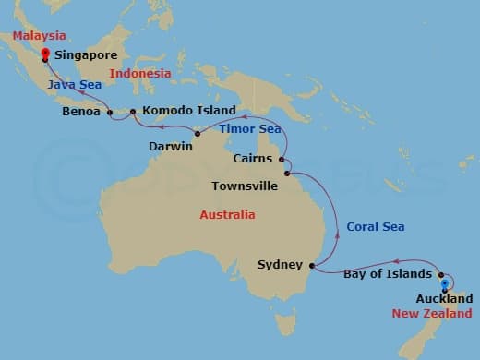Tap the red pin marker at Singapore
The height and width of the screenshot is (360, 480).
tap(44, 54)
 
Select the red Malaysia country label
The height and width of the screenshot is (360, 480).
tap(40, 35)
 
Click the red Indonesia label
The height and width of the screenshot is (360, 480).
tap(140, 73)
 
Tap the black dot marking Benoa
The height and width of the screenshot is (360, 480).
tap(110, 114)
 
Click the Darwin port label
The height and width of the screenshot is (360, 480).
tap(171, 146)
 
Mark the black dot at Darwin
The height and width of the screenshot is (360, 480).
tap(198, 134)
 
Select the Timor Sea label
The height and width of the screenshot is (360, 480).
tap(250, 128)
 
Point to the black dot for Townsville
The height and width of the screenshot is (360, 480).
tap(287, 174)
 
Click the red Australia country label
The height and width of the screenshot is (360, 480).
tap(227, 215)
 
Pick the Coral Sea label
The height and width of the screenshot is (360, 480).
tap(376, 226)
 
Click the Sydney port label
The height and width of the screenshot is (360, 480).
tap(281, 265)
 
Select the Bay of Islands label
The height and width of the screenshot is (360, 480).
tap(388, 274)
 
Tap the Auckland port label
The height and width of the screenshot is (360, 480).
tap(445, 298)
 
